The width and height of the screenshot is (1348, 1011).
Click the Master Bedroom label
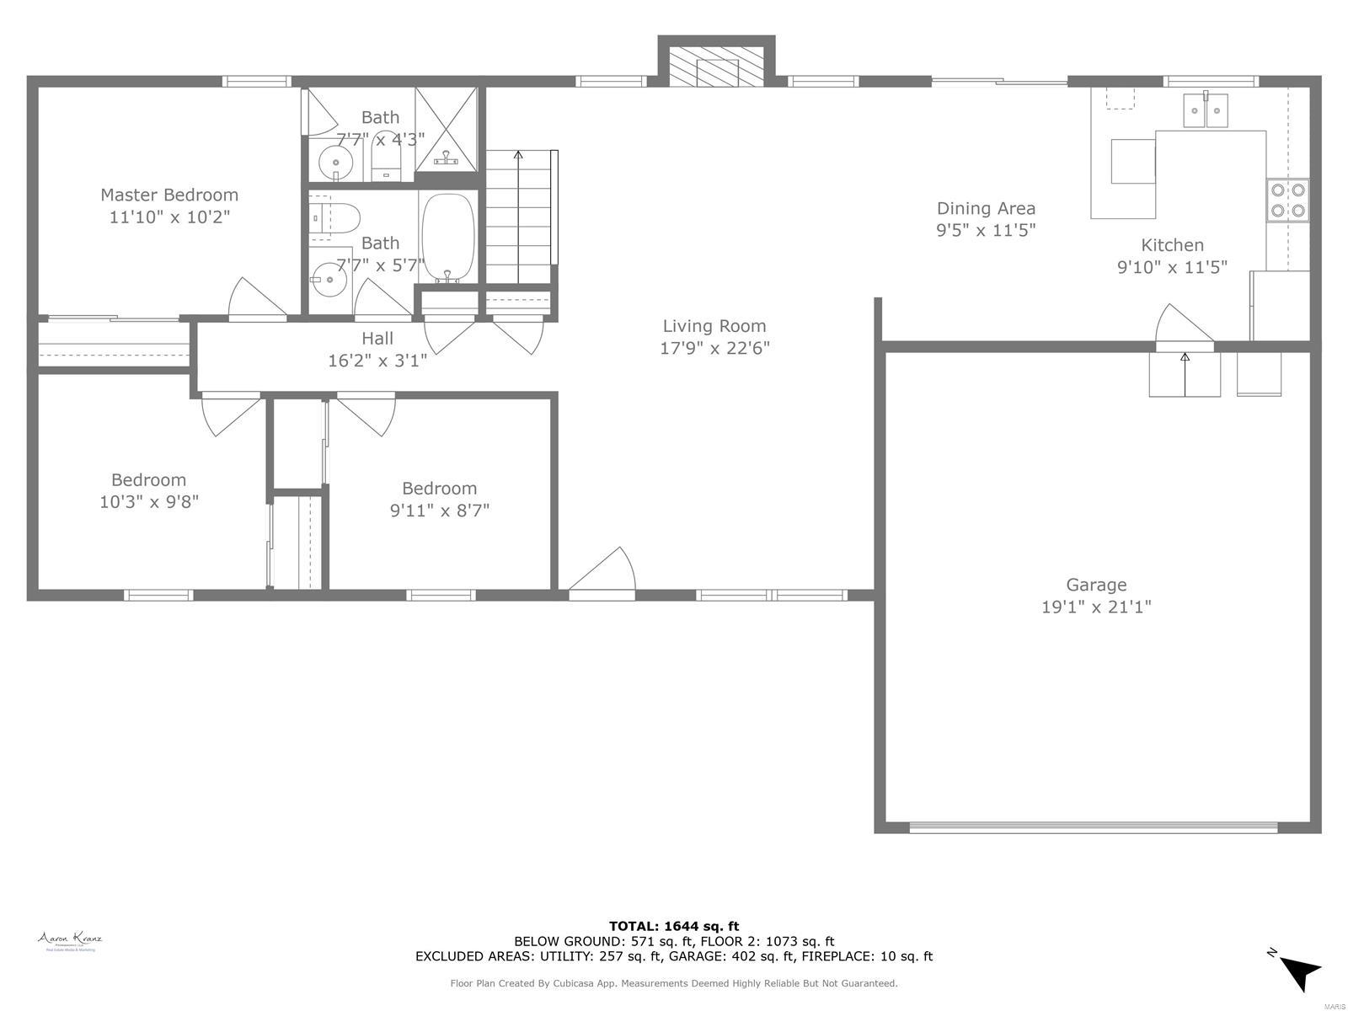tap(169, 195)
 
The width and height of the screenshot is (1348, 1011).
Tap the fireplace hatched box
tap(715, 65)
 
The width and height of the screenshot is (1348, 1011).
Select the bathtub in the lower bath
tap(447, 238)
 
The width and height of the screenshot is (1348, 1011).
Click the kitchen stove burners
tap(1288, 201)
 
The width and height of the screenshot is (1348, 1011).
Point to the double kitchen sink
tap(1206, 110)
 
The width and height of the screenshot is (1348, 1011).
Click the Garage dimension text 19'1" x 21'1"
tap(1096, 607)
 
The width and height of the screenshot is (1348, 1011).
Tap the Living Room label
tap(714, 326)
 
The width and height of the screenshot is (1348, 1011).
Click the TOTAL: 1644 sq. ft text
tap(674, 926)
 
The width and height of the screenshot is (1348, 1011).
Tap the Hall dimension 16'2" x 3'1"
tap(377, 361)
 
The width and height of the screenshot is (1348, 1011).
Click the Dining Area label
tap(986, 208)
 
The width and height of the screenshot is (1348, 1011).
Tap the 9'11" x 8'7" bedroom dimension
tap(439, 511)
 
